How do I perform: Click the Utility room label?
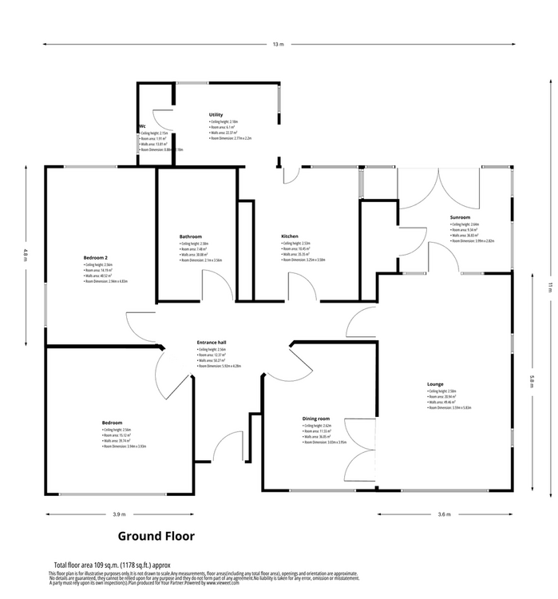(216, 115)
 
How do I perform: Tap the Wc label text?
(141, 126)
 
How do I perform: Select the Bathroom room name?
(191, 236)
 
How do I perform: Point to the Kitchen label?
(289, 236)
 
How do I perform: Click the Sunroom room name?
(460, 218)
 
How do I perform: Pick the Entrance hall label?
(212, 343)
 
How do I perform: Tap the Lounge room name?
(435, 384)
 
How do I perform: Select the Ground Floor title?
(156, 536)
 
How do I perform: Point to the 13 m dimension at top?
(277, 45)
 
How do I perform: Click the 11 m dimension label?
(549, 288)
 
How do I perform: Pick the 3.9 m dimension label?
(119, 514)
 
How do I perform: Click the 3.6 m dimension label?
(445, 514)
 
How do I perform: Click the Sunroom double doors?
(438, 192)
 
